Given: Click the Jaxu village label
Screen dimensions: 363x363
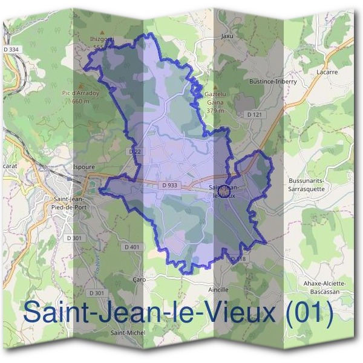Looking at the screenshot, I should pyautogui.click(x=227, y=36).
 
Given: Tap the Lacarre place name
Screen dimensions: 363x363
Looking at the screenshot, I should pyautogui.click(x=326, y=72).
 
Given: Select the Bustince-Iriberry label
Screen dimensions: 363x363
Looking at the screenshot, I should pyautogui.click(x=273, y=81).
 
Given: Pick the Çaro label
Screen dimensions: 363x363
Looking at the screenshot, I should pyautogui.click(x=139, y=280).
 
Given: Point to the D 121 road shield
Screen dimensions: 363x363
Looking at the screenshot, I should pyautogui.click(x=253, y=114).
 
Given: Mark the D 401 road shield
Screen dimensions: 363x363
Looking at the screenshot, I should pyautogui.click(x=132, y=247).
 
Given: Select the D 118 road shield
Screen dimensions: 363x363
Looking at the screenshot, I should pyautogui.click(x=239, y=259).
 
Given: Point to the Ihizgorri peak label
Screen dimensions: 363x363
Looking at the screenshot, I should pyautogui.click(x=102, y=39).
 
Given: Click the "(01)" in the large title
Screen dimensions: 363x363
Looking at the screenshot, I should pyautogui.click(x=309, y=313).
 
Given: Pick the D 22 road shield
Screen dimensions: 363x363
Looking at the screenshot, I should pyautogui.click(x=134, y=151).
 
